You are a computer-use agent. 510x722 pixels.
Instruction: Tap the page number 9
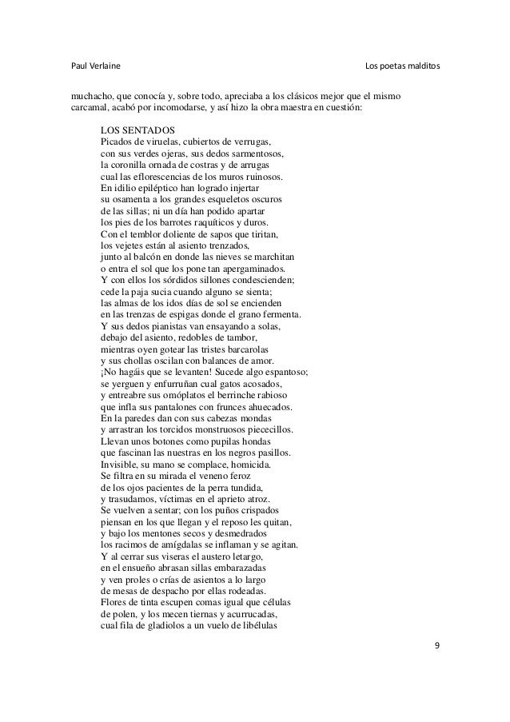click(x=436, y=646)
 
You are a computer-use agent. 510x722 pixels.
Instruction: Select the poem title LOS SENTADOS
click(x=136, y=130)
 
